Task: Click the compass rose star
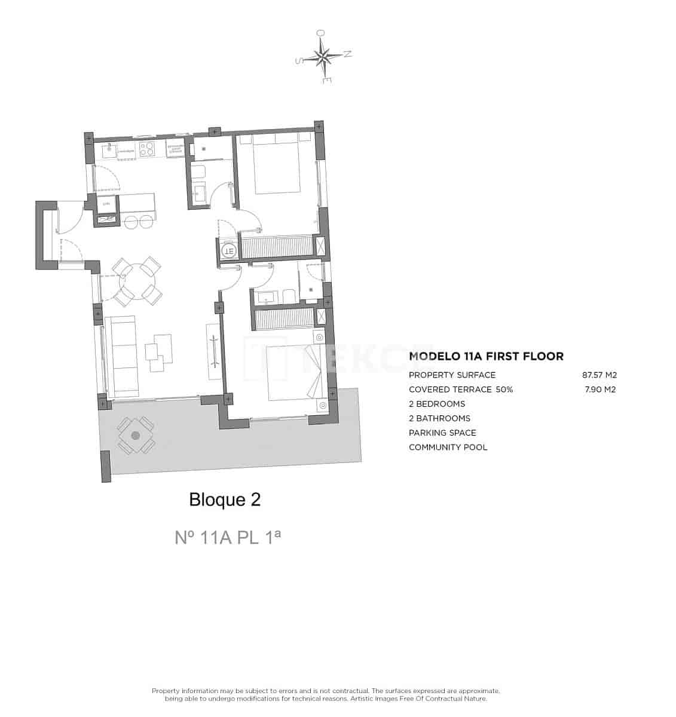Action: (x=323, y=57)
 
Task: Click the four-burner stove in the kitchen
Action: (x=147, y=149)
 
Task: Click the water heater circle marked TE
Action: (x=228, y=251)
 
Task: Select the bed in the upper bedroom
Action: (x=277, y=166)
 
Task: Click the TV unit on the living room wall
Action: (x=213, y=351)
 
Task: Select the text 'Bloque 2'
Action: (x=225, y=500)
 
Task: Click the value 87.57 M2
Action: (x=599, y=375)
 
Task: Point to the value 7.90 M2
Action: (x=599, y=390)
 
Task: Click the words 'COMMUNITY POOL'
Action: (x=448, y=447)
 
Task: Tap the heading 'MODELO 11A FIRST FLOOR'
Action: (x=486, y=357)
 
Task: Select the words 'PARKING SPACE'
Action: (x=442, y=433)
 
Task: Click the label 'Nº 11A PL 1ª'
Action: (x=228, y=538)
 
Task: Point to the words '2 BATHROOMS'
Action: (x=439, y=418)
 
